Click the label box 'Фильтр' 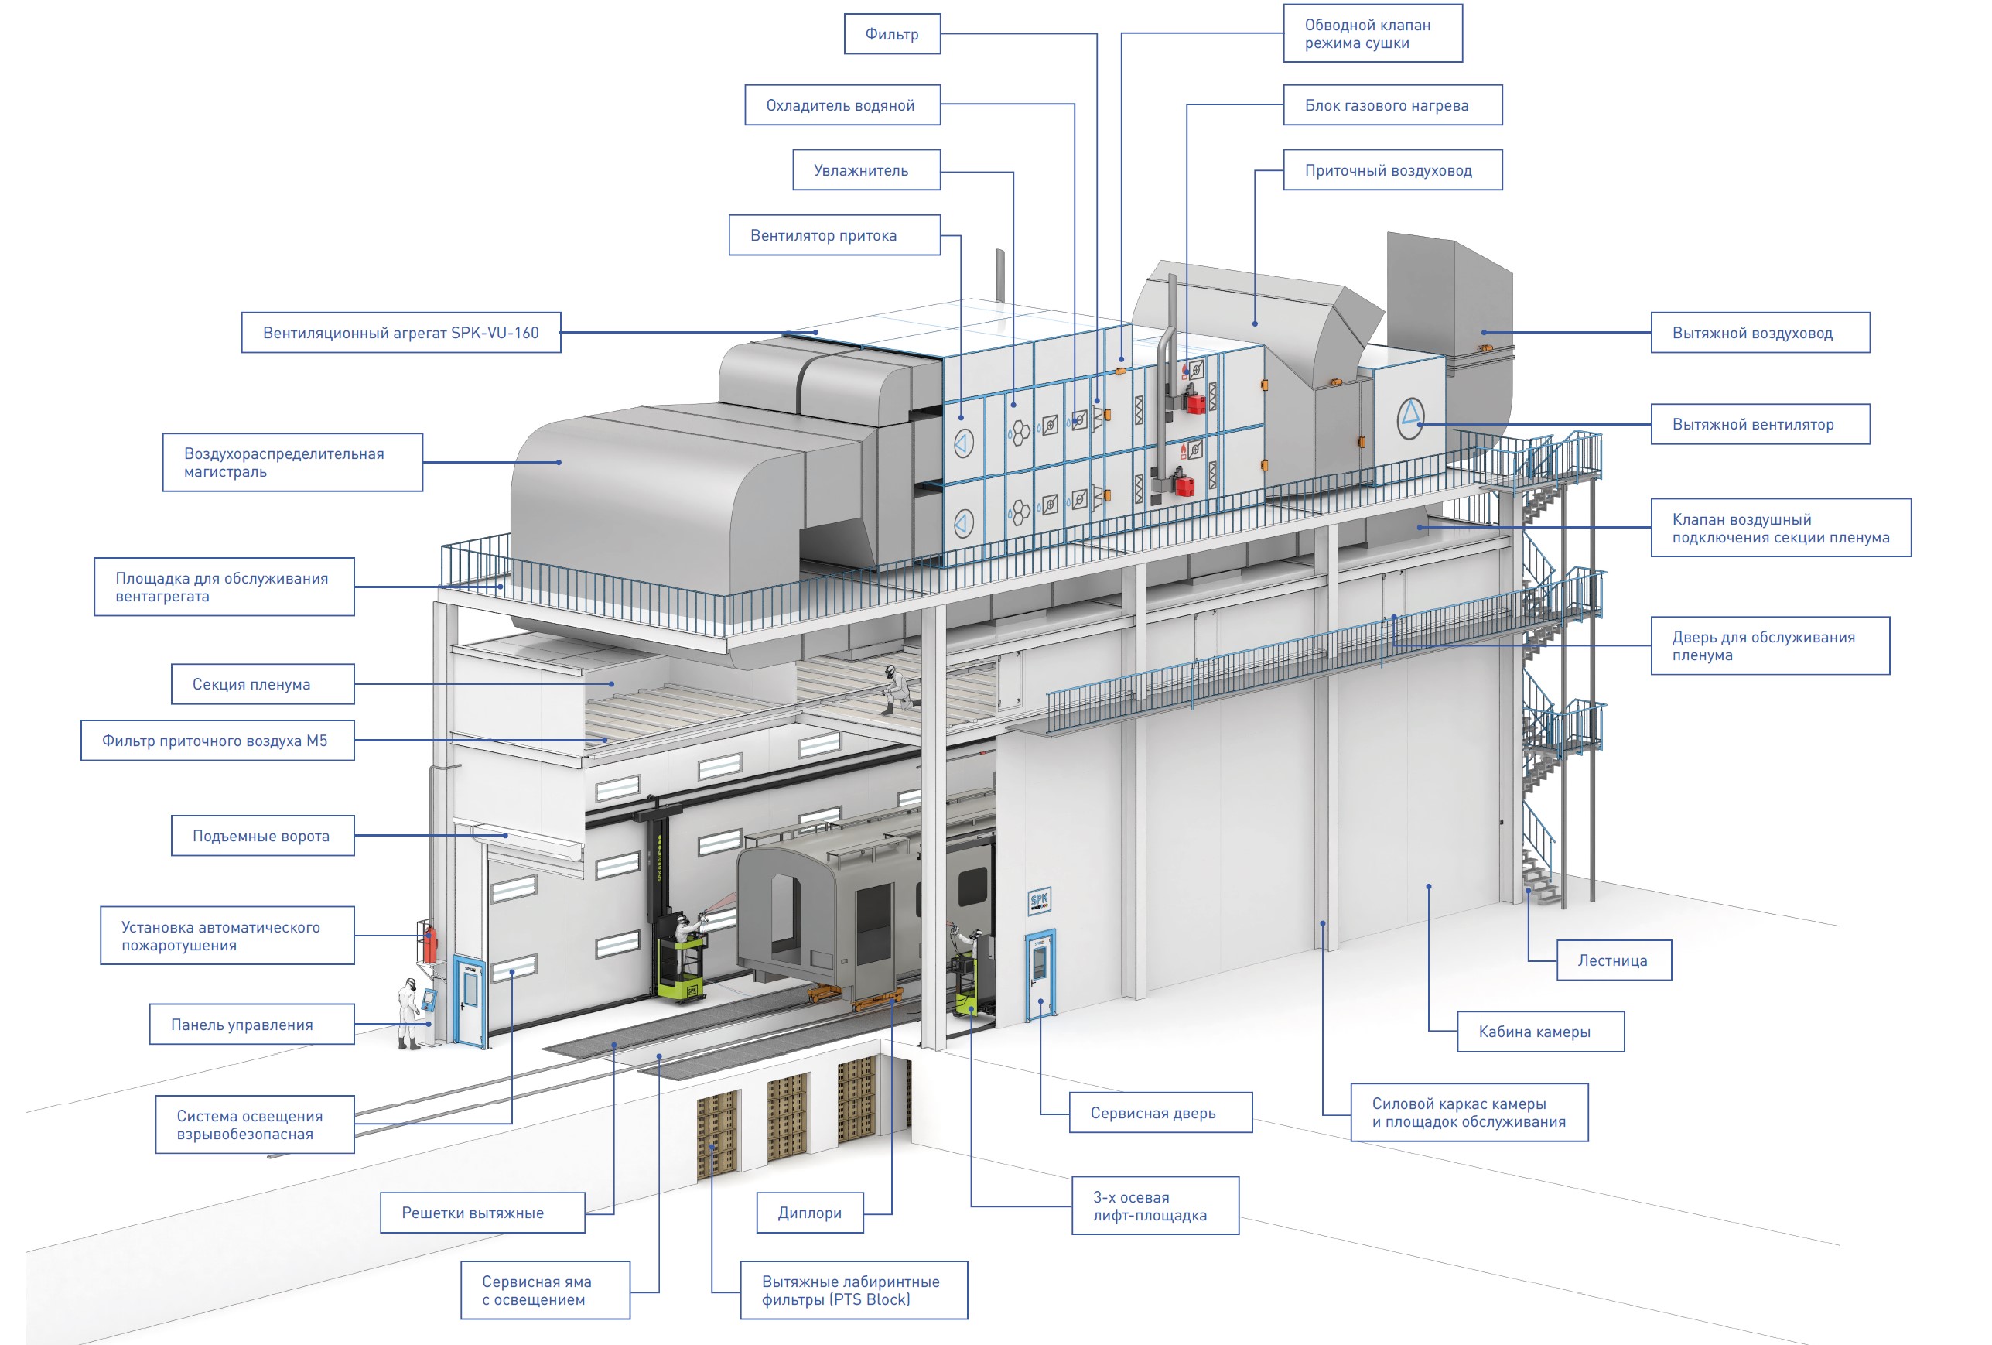pyautogui.click(x=891, y=34)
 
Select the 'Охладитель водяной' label pyautogui.click(x=842, y=105)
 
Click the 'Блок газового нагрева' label pyautogui.click(x=1391, y=105)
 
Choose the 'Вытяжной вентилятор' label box pyautogui.click(x=1759, y=424)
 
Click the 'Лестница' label pyautogui.click(x=1612, y=960)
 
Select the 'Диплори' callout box pyautogui.click(x=809, y=1213)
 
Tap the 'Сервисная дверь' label pyautogui.click(x=1160, y=1113)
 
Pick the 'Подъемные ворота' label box pyautogui.click(x=262, y=836)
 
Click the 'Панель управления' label pyautogui.click(x=251, y=1025)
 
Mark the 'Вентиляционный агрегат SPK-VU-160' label pyautogui.click(x=401, y=333)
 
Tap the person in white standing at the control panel pyautogui.click(x=409, y=1012)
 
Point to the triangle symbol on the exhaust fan pyautogui.click(x=1410, y=417)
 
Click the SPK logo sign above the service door pyautogui.click(x=1039, y=900)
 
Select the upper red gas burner pyautogui.click(x=1194, y=399)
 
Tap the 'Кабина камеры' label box pyautogui.click(x=1539, y=1032)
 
